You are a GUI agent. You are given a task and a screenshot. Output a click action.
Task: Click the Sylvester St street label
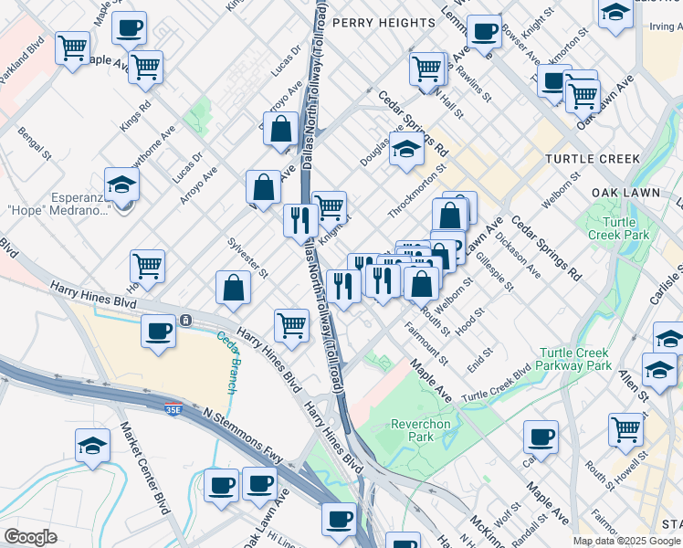247,258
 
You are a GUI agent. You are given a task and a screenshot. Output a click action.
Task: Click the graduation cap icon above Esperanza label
121,185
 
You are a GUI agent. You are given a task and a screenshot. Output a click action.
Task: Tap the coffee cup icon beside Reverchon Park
541,437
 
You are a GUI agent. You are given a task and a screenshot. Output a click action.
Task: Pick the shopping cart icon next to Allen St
626,427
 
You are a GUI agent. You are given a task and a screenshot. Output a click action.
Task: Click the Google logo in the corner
30,537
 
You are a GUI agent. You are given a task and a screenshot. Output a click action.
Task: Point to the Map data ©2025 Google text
627,541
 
